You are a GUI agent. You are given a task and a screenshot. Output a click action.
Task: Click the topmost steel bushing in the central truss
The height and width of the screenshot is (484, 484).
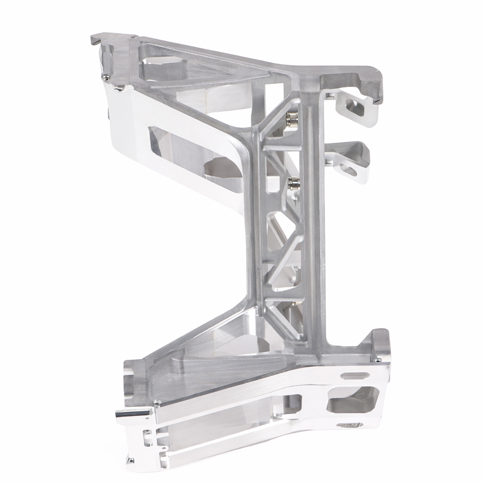(x=291, y=120)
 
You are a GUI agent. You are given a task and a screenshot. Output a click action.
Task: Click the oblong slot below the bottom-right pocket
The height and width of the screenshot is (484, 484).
(x=350, y=425)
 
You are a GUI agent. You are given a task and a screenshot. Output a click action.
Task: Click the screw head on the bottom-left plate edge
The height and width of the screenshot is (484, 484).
(x=157, y=404)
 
